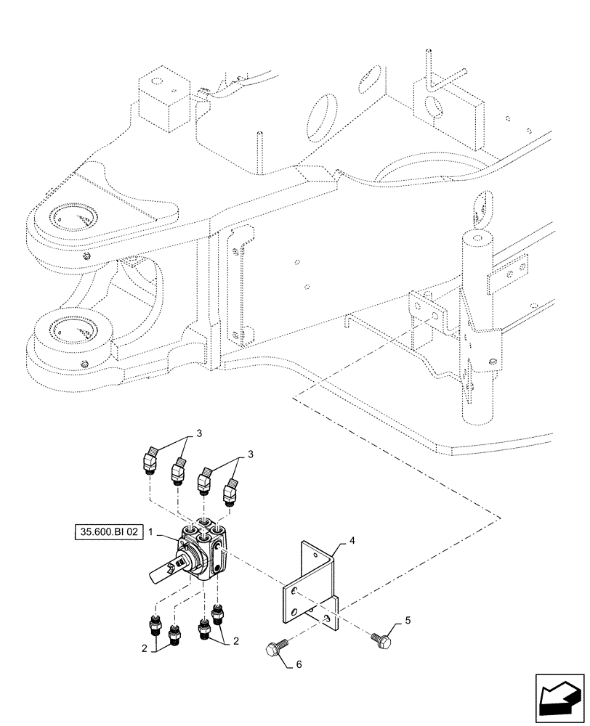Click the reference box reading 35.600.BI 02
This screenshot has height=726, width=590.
click(x=109, y=532)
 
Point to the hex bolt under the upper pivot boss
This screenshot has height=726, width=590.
click(x=87, y=255)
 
